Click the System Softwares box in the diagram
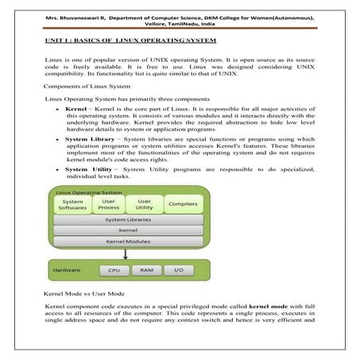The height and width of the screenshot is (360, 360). [73, 205]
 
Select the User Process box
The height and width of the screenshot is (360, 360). [110, 205]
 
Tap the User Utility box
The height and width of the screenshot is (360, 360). [145, 205]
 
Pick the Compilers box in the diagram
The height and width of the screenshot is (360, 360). [182, 205]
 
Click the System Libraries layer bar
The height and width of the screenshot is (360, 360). [127, 219]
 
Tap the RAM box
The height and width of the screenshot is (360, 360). [145, 270]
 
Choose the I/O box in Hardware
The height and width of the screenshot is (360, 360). [179, 270]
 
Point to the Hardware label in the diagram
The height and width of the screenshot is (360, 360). [67, 270]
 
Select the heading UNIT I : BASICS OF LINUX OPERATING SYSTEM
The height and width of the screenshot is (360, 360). [131, 40]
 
